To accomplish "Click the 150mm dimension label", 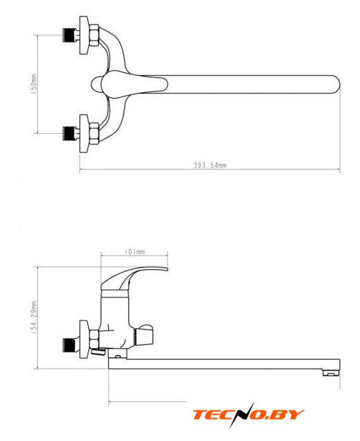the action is point(34,83).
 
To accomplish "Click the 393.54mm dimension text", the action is point(210,165).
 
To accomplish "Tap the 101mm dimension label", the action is point(134,252).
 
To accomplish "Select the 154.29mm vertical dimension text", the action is point(34,317).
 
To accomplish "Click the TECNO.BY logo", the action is point(248,415).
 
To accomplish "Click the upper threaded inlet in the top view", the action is point(71,35).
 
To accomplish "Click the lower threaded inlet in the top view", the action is point(71,133).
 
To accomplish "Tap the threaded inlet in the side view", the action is point(71,345).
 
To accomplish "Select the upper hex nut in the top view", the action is point(94,35).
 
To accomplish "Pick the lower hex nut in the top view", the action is point(94,133).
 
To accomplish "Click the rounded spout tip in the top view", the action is point(336,84).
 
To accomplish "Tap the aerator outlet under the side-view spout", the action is point(331,373).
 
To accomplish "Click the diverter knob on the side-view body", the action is point(145,335).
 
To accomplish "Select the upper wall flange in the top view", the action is point(84,35).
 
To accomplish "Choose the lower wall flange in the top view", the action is point(84,133).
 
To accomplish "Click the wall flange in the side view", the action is point(84,339).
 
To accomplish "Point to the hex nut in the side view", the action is point(94,339).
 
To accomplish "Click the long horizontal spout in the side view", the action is point(224,364).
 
